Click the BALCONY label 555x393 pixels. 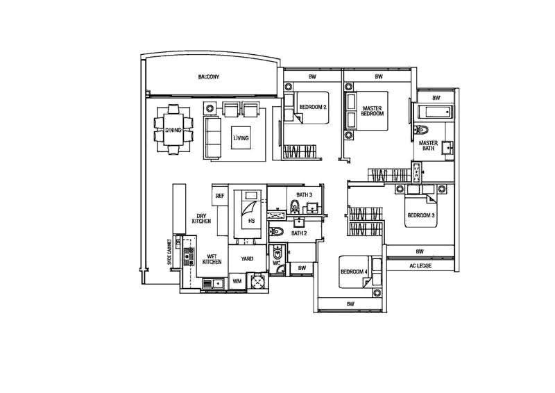tap(209, 76)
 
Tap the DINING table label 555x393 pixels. tap(173, 130)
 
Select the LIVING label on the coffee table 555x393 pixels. tap(241, 138)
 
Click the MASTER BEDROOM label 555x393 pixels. tap(372, 111)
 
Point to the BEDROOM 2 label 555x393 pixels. tap(313, 107)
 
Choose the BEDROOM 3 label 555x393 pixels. tap(421, 215)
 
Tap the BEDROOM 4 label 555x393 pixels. tap(354, 271)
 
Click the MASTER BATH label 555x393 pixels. tap(428, 146)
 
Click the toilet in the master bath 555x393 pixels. tap(420, 130)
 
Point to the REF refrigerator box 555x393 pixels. tap(220, 195)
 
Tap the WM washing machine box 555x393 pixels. tap(237, 281)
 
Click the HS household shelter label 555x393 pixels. tap(251, 221)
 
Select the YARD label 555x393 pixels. tap(247, 259)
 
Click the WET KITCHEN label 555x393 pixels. tap(212, 259)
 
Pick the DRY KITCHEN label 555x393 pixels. tap(201, 218)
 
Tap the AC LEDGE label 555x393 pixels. tap(420, 265)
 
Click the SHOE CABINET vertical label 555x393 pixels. tap(169, 252)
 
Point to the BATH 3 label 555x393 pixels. tap(304, 194)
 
